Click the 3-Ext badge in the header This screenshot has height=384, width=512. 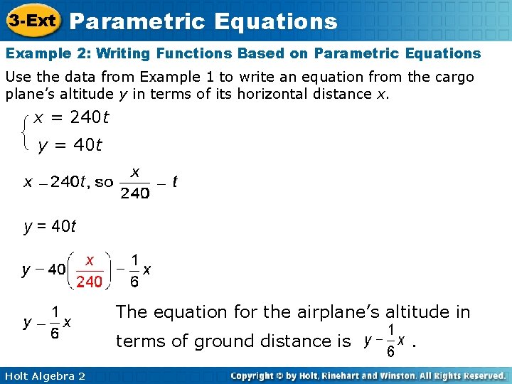tap(33, 21)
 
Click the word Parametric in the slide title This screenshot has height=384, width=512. tap(134, 21)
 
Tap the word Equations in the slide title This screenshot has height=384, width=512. tap(273, 21)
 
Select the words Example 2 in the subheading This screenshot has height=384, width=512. tap(45, 53)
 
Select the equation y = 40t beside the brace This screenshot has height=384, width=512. tap(70, 146)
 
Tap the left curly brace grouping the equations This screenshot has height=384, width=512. tap(26, 131)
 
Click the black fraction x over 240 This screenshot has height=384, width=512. tap(134, 183)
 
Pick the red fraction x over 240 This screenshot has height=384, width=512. tap(90, 271)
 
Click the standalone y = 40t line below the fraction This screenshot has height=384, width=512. tap(50, 227)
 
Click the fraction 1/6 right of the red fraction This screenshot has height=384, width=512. tap(134, 271)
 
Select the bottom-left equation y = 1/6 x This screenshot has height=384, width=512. tap(47, 323)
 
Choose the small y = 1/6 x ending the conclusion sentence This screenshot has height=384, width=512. tap(385, 341)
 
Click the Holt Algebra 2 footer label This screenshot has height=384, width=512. tap(44, 375)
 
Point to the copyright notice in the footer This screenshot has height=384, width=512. tap(368, 375)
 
